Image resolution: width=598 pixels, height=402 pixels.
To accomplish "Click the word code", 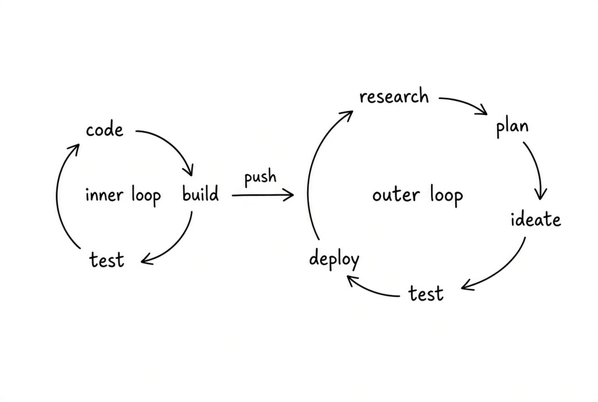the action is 104,130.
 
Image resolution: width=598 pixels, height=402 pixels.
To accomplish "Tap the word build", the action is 201,193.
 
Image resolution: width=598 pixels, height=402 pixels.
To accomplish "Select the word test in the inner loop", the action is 107,260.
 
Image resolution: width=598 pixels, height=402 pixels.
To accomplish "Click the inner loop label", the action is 123,195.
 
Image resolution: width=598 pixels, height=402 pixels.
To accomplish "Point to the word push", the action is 260,176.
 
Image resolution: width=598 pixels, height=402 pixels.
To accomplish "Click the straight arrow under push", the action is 263,195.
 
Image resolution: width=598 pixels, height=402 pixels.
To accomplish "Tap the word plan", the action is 512,127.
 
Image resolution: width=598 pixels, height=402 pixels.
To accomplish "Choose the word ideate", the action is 536,219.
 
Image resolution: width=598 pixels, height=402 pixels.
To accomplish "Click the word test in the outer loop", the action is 426,293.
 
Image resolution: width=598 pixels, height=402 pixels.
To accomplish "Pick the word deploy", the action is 334,259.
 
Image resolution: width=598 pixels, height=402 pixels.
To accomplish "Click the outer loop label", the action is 418,195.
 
